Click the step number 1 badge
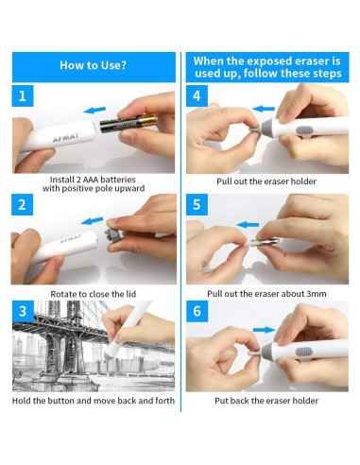(x=23, y=95)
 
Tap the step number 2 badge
(x=22, y=205)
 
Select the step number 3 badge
(x=23, y=311)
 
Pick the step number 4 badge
(x=197, y=95)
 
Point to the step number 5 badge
(x=197, y=205)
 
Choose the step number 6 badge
(x=197, y=311)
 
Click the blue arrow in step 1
(x=94, y=110)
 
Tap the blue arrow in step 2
(x=93, y=221)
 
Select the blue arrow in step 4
(x=264, y=109)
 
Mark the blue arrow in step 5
(x=248, y=225)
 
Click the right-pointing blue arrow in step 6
(x=265, y=330)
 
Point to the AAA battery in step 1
(x=129, y=123)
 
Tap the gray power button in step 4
(x=304, y=129)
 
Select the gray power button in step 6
(x=304, y=352)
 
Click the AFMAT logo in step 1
(x=66, y=138)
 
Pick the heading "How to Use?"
(x=94, y=65)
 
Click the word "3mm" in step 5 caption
(x=316, y=294)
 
